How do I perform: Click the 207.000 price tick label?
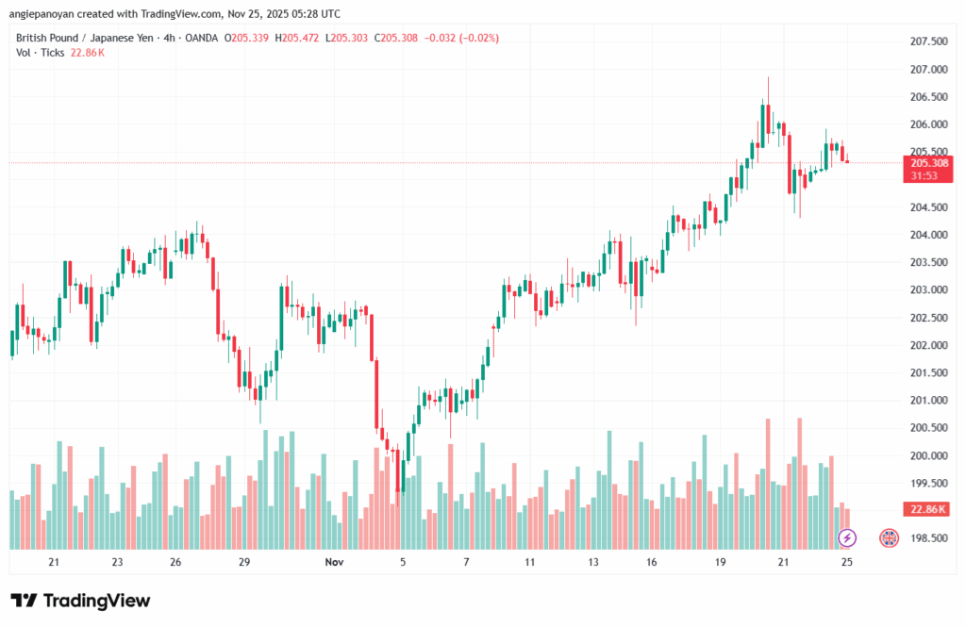tap(929, 70)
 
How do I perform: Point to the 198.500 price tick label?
tap(929, 538)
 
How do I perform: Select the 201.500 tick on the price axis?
tap(929, 373)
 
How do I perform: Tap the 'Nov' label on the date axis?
tap(334, 562)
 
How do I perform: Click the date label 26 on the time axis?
tap(175, 562)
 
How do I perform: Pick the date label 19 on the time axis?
tap(720, 562)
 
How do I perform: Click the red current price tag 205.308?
tap(929, 163)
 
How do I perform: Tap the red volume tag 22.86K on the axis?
tap(929, 509)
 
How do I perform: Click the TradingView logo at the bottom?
tap(80, 601)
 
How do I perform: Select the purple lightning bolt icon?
tap(847, 538)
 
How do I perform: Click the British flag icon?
tap(889, 538)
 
